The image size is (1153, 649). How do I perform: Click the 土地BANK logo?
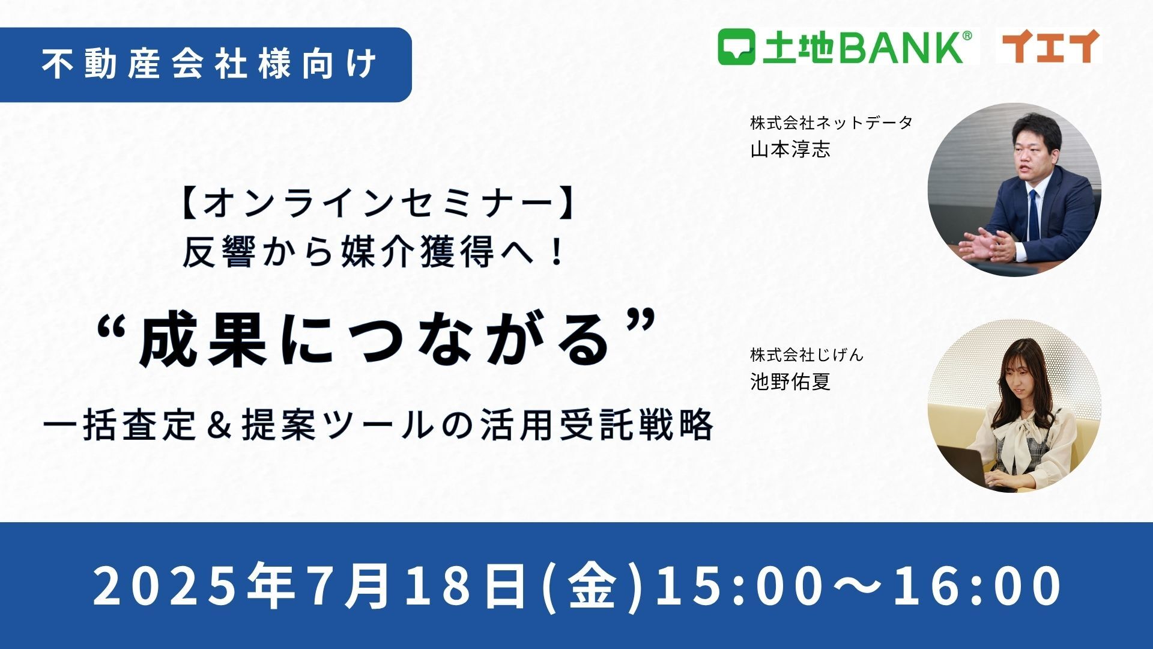(x=845, y=46)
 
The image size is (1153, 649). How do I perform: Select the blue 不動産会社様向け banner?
(x=205, y=64)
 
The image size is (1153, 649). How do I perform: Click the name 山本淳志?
(x=790, y=149)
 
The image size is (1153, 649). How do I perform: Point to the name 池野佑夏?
(x=790, y=381)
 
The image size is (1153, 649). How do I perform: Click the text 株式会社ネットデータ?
(x=831, y=123)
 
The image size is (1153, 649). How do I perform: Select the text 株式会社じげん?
(x=806, y=355)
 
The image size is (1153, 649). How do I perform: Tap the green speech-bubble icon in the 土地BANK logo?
(x=736, y=47)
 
